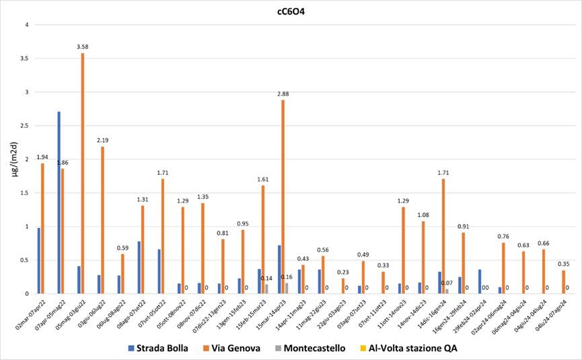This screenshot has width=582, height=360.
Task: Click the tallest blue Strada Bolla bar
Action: click(x=59, y=203)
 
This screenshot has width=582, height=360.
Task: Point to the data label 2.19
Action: click(x=102, y=140)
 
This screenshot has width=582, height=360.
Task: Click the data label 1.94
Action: click(x=42, y=157)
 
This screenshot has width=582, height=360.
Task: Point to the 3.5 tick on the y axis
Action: click(x=24, y=59)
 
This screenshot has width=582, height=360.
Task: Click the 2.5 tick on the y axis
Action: click(x=24, y=126)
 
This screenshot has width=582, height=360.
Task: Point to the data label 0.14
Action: click(x=267, y=278)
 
